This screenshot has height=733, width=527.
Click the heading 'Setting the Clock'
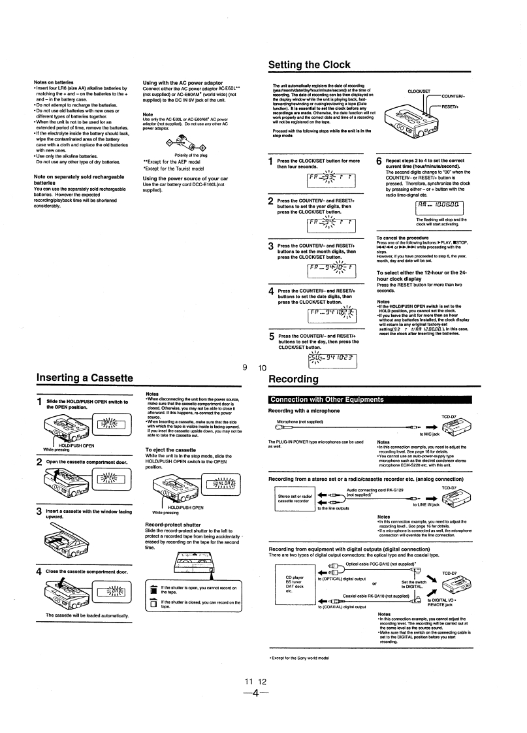pos(309,65)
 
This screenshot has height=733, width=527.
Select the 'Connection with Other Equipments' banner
pos(318,399)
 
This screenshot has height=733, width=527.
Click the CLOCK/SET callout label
pos(418,91)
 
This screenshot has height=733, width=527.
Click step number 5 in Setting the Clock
pos(272,337)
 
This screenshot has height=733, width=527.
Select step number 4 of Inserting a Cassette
pos(39,571)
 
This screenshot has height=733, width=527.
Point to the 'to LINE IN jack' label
pos(427,504)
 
